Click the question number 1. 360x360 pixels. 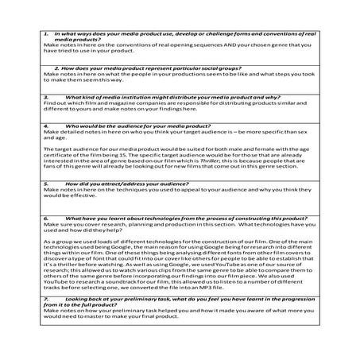click(x=46, y=34)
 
